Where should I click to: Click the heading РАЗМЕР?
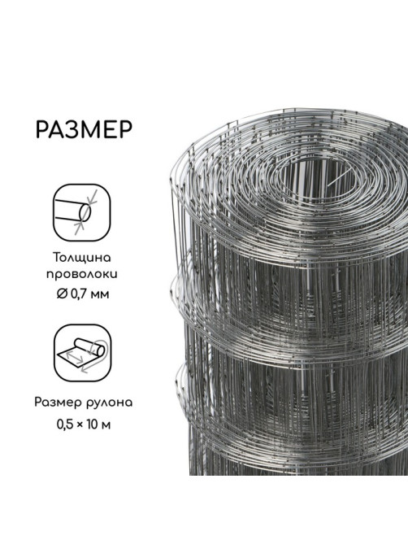[x=84, y=130]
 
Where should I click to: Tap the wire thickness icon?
[x=82, y=212]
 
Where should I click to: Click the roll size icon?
[x=83, y=353]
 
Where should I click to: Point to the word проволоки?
[x=82, y=275]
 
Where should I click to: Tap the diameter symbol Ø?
[x=62, y=294]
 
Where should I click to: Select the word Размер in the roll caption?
[x=57, y=403]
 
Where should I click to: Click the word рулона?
[x=108, y=403]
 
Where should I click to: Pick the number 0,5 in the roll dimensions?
[x=65, y=424]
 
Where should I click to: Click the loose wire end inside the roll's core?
[x=339, y=178]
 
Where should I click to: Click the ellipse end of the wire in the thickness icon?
[x=85, y=213]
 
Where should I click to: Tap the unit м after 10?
[x=106, y=426]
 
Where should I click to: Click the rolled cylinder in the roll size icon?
[x=90, y=347]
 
